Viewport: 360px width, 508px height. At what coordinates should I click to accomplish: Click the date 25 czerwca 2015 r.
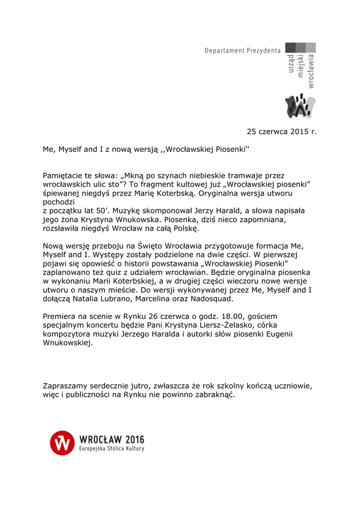point(281,131)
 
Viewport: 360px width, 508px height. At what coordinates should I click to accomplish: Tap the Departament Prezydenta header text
point(242,51)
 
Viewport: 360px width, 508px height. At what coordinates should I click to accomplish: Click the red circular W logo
point(62,443)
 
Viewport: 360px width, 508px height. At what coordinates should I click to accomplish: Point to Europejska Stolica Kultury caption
point(112,449)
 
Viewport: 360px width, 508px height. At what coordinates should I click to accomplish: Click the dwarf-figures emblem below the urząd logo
point(299,106)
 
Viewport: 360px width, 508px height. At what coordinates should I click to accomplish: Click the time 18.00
point(209,316)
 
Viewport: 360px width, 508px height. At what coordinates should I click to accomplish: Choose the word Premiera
point(60,316)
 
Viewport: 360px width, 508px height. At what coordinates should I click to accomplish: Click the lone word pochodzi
point(59,202)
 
